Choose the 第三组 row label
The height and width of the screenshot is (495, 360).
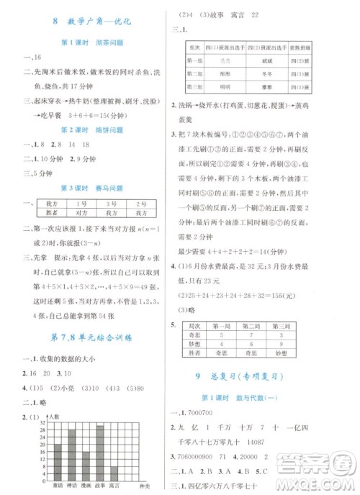pyautogui.click(x=194, y=88)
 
